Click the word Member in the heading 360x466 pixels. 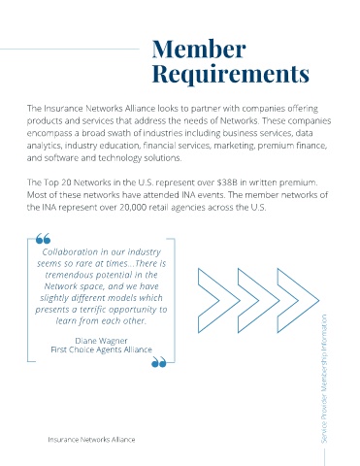(x=199, y=49)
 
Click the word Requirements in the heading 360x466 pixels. (x=231, y=74)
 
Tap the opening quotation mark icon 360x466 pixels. (x=43, y=239)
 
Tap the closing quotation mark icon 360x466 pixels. (x=159, y=362)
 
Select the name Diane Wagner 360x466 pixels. (x=101, y=341)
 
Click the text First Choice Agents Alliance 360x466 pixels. (x=101, y=349)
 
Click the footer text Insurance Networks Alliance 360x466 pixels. (x=91, y=440)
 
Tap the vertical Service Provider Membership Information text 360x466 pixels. (x=324, y=379)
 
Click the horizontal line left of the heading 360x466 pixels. (x=70, y=50)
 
